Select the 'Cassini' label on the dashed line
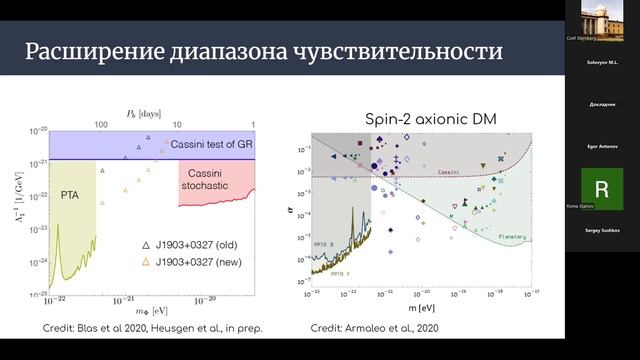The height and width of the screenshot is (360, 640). click(451, 172)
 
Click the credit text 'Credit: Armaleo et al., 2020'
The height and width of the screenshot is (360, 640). click(373, 327)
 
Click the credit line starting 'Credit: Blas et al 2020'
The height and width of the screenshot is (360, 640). click(140, 327)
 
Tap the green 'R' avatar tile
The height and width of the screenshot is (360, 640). click(601, 188)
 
